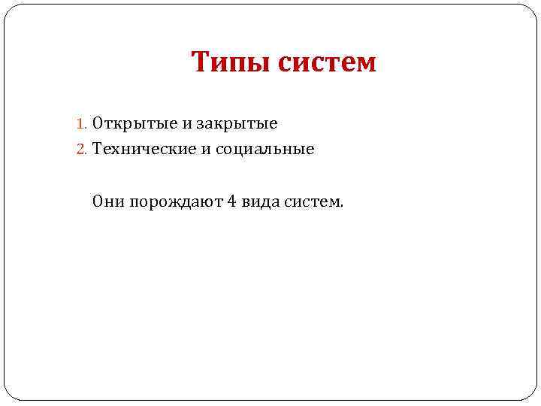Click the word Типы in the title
pos(230,62)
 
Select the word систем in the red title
pos(327,62)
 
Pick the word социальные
pos(264,150)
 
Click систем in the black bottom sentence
pos(311,201)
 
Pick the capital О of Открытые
pos(98,123)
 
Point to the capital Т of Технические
pos(97,150)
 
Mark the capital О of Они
pos(98,201)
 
